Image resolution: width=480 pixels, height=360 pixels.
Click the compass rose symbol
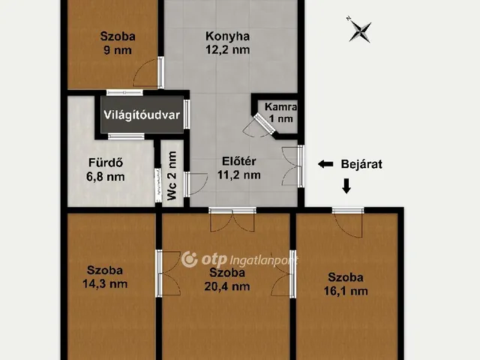[360, 30]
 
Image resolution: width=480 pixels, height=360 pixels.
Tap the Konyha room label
[227, 36]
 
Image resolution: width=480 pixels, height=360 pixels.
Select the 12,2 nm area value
[227, 49]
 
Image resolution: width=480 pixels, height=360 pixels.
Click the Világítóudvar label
[142, 115]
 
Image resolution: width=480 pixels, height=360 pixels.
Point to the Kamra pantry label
[280, 106]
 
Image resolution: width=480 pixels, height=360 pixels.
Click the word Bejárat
[361, 164]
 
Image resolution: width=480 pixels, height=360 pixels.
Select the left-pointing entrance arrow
[325, 164]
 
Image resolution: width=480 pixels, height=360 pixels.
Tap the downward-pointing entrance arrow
[346, 186]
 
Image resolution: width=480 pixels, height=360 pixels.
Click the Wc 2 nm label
[172, 175]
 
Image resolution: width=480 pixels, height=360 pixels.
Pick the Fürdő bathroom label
[106, 163]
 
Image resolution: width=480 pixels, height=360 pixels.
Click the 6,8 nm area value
[106, 177]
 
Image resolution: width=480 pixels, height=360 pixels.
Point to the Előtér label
[239, 161]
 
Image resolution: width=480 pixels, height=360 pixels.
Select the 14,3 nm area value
[105, 283]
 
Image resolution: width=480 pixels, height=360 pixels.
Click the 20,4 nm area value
[227, 286]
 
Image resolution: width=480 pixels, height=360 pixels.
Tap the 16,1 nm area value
[346, 291]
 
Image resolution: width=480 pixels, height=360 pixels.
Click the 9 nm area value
[118, 50]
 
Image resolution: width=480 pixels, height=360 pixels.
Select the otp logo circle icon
[190, 259]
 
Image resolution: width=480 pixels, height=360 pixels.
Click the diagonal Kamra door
[265, 123]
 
